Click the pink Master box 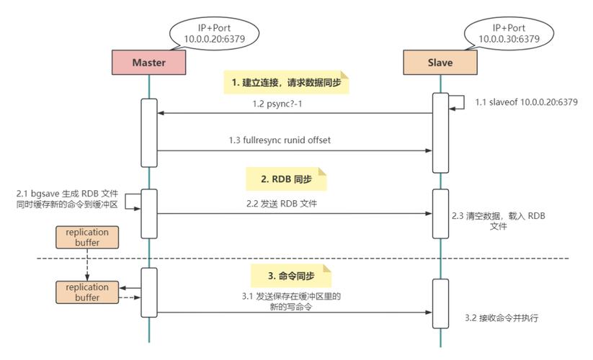pos(148,63)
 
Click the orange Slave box pos(440,63)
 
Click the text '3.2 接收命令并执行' pos(502,317)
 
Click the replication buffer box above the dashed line pos(86,238)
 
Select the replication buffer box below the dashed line pos(86,292)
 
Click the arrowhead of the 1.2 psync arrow pos(161,113)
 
